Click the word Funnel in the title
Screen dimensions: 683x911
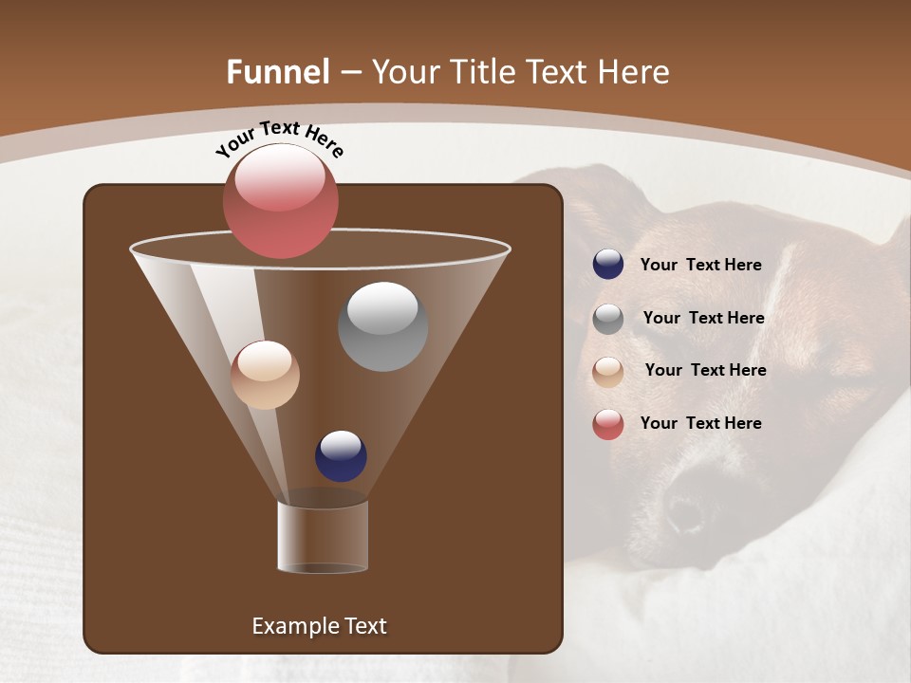(x=277, y=72)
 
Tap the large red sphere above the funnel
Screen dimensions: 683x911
(x=280, y=201)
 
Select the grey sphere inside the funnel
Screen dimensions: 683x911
(x=382, y=326)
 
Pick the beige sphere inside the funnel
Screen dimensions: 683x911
(x=265, y=375)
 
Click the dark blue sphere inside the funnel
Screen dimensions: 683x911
(x=341, y=455)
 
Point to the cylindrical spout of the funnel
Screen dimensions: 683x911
(x=322, y=536)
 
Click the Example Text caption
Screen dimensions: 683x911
(x=319, y=626)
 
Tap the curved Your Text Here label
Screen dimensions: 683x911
(x=279, y=138)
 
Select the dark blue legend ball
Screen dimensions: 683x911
(x=607, y=265)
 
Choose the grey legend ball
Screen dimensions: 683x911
(x=607, y=319)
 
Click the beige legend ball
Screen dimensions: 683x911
(x=607, y=371)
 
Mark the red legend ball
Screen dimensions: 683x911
(x=607, y=424)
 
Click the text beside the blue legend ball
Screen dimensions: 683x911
(x=700, y=265)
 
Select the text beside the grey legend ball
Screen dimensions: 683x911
(x=703, y=318)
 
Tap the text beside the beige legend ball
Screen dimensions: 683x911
(x=705, y=370)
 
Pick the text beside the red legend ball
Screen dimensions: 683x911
(x=700, y=423)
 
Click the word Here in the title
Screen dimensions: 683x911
(x=634, y=72)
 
